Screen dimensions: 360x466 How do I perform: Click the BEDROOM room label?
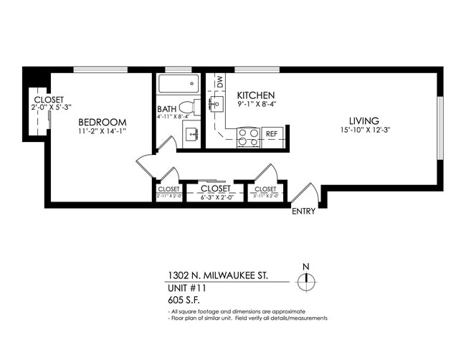103,122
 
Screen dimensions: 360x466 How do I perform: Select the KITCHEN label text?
256,95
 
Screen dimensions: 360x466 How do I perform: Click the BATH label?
166,110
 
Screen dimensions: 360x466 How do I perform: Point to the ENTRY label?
304,212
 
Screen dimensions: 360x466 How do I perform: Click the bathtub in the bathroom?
179,85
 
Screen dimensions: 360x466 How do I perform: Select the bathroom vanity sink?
191,133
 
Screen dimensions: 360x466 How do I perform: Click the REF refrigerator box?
272,134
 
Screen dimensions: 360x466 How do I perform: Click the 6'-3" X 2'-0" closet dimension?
215,196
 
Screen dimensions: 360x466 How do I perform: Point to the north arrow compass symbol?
306,280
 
